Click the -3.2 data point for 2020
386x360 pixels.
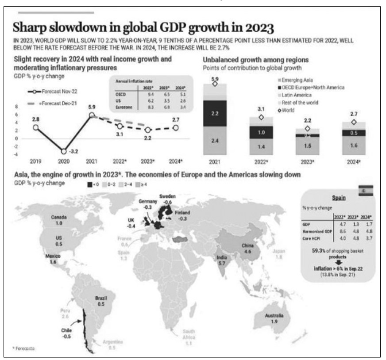(64, 151)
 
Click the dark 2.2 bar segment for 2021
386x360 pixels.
(214, 114)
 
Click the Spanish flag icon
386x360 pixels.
(367, 190)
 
